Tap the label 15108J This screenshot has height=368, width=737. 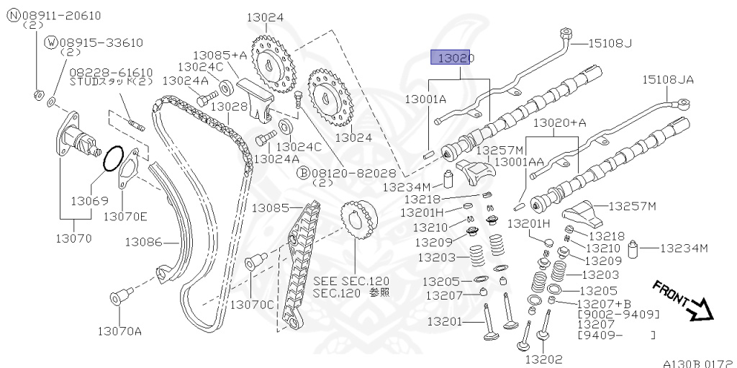[610, 43]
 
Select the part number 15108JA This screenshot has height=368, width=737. [668, 80]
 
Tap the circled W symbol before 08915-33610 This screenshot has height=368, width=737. [51, 42]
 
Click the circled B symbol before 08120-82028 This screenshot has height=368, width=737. [304, 173]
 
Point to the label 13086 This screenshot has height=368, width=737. [143, 243]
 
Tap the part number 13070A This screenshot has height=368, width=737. [119, 331]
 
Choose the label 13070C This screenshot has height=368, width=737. [252, 305]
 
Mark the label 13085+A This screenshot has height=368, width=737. [220, 55]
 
